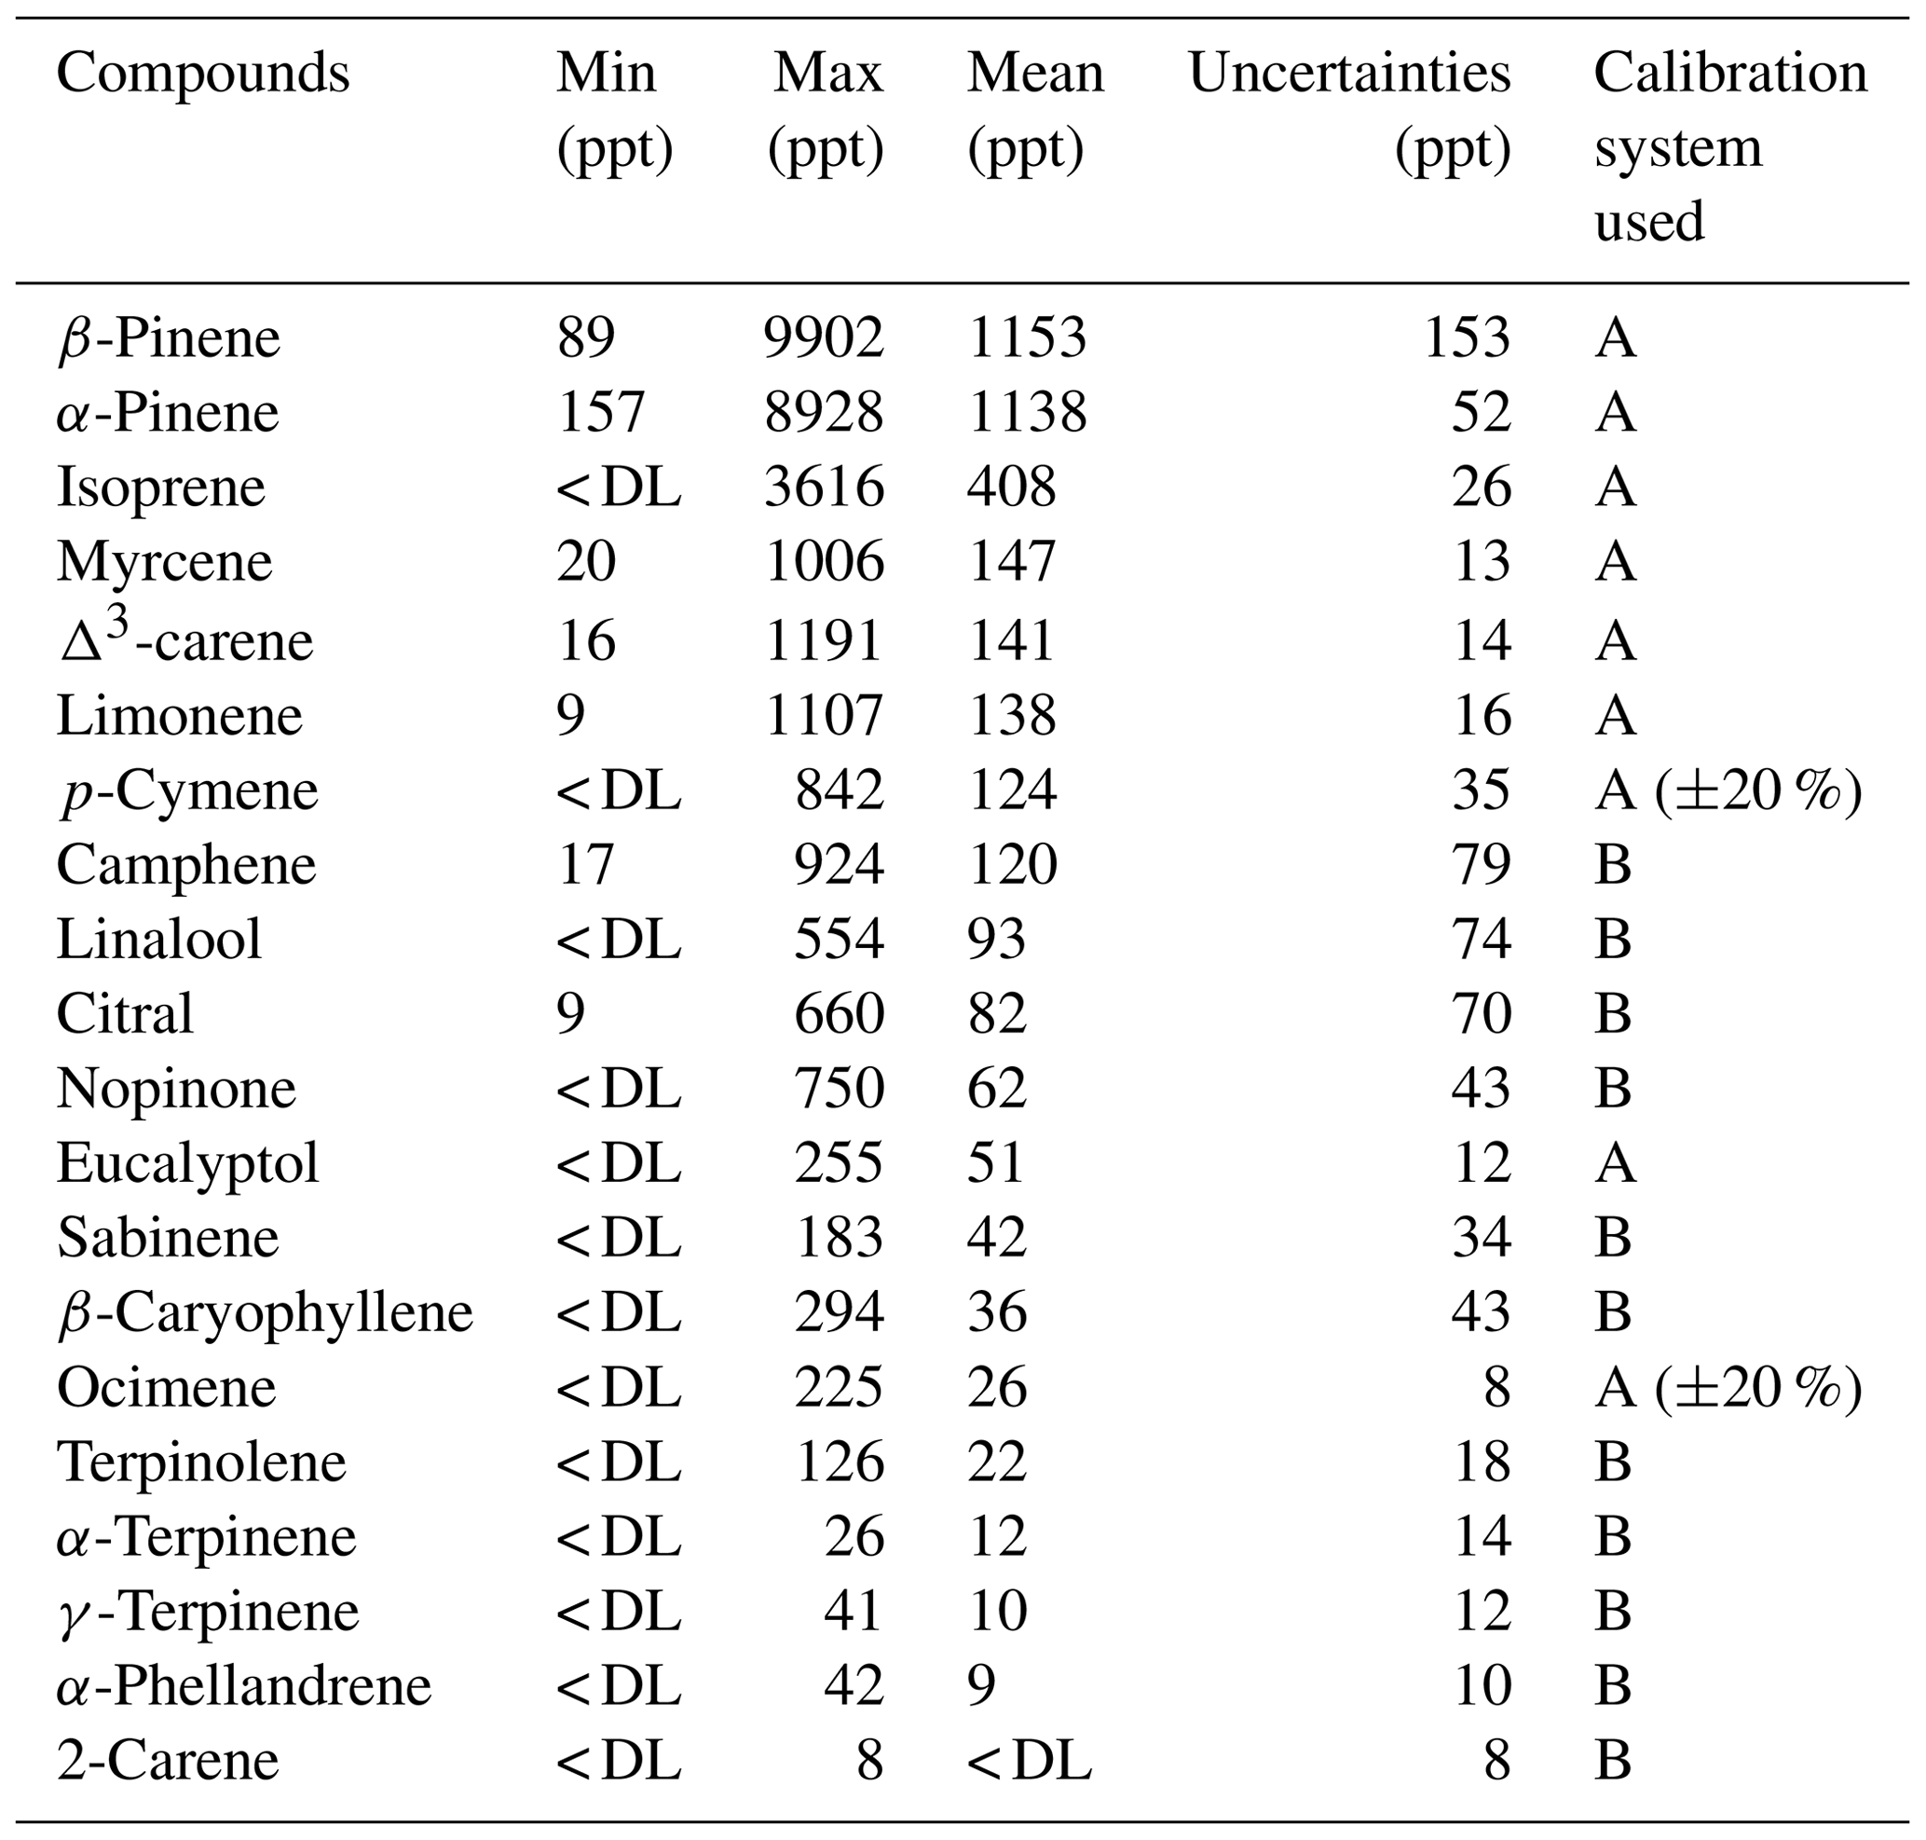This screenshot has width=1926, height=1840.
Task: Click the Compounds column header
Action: coord(203,74)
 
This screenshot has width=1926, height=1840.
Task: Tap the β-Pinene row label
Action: coord(169,338)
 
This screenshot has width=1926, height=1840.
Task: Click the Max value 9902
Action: coord(824,338)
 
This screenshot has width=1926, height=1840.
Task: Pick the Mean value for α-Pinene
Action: coord(1027,412)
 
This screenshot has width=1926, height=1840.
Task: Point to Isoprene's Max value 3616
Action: coord(824,487)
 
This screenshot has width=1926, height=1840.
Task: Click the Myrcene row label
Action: coord(165,562)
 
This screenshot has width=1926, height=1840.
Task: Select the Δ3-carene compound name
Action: coord(185,639)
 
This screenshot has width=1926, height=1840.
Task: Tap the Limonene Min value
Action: coord(571,715)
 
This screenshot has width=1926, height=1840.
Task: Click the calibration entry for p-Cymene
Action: coord(1727,790)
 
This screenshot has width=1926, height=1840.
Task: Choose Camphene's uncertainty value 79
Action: coord(1481,864)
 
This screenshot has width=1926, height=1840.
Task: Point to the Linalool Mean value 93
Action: coord(996,939)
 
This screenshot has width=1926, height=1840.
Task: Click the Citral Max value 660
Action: coord(839,1013)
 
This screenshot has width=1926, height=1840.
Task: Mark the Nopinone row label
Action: coord(176,1089)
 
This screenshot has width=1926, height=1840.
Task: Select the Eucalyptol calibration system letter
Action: coord(1615,1163)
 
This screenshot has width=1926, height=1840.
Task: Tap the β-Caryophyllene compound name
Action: coord(265,1312)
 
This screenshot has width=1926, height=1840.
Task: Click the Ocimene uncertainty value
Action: coord(1496,1387)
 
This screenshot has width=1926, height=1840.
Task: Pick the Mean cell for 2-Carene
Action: coord(1029,1760)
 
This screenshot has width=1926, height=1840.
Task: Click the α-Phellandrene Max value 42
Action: coord(854,1685)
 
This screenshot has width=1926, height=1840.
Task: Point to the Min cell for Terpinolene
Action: coord(618,1462)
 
